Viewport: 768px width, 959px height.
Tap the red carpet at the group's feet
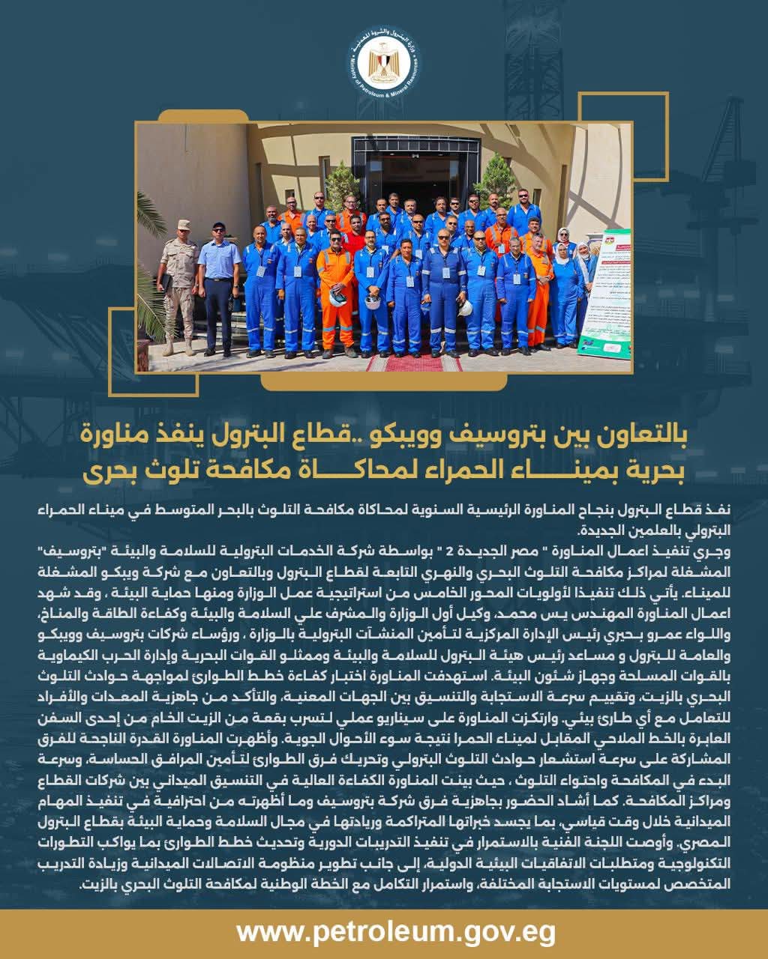point(414,363)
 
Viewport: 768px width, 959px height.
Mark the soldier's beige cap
point(183,224)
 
